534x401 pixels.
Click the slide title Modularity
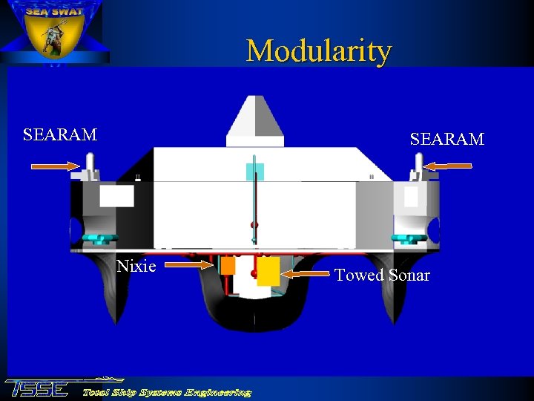[318, 51]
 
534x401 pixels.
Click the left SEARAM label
[60, 135]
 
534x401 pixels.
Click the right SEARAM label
[447, 140]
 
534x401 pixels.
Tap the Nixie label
[136, 266]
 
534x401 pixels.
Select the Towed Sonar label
[382, 276]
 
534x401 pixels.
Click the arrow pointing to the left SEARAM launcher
[56, 168]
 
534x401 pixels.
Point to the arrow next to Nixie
[186, 263]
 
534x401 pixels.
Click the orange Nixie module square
[228, 265]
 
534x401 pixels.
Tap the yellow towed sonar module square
[268, 271]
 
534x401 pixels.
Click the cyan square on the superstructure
[254, 172]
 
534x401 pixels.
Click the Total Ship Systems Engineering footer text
[166, 392]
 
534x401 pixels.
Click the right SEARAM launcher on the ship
[418, 167]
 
